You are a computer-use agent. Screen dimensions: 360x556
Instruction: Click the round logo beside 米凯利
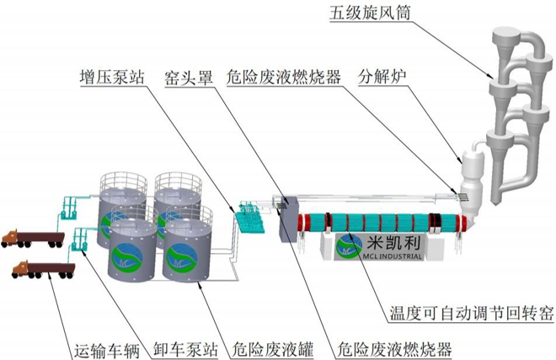pyautogui.click(x=350, y=245)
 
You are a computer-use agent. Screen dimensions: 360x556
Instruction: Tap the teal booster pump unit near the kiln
pyautogui.click(x=249, y=218)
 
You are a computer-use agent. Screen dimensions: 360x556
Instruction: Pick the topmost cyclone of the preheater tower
pyautogui.click(x=509, y=42)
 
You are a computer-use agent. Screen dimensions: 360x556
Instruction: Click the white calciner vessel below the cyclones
pyautogui.click(x=468, y=169)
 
